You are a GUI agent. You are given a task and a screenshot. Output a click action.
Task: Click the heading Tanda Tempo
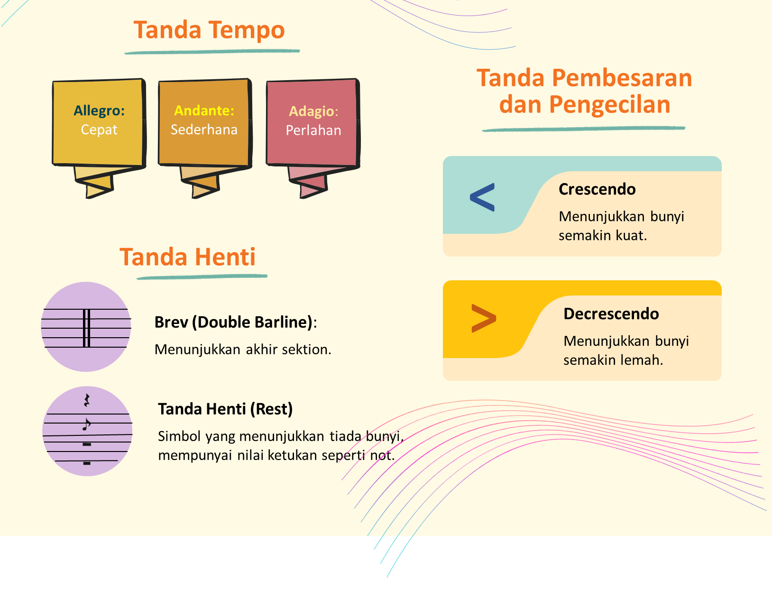tap(209, 30)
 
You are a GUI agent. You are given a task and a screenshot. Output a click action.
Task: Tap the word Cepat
tap(99, 130)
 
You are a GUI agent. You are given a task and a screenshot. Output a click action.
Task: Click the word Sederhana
tap(204, 129)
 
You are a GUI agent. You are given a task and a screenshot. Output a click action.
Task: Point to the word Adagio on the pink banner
tap(311, 111)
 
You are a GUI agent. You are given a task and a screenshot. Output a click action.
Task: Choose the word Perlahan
tap(313, 130)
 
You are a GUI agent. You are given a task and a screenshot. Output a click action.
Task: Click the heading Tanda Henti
tap(187, 257)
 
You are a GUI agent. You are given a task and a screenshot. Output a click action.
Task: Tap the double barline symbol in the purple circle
tap(86, 328)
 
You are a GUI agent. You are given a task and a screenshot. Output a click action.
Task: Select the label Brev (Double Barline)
tap(233, 322)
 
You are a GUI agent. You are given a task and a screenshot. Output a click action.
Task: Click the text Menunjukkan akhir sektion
tap(243, 350)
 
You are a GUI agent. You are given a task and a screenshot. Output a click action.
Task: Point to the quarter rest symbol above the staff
tap(86, 400)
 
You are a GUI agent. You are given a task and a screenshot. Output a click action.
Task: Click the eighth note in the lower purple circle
tap(86, 424)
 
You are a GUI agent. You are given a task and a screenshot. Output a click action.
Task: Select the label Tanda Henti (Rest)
tap(225, 409)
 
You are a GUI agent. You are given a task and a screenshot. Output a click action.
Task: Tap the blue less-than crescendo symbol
tap(482, 197)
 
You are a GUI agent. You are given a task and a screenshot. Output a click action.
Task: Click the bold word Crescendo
tap(597, 189)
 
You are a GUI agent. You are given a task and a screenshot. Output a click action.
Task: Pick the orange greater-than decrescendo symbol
tap(484, 318)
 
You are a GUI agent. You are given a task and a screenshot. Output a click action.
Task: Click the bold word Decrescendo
tap(611, 313)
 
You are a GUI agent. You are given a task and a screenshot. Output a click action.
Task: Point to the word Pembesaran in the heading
tap(622, 78)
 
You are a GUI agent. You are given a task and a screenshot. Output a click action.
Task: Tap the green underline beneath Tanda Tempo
tap(212, 52)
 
